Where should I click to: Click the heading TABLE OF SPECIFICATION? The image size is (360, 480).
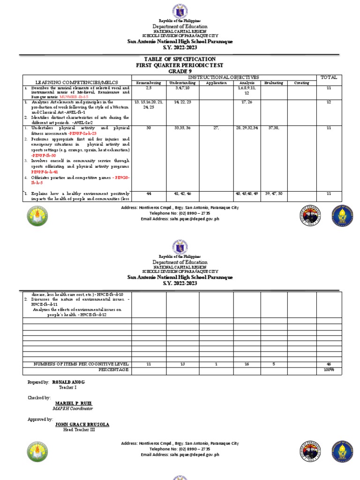(180, 59)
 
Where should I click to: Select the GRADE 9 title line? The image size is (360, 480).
(180, 71)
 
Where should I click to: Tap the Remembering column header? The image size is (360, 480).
(148, 83)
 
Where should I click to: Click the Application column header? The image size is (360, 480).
(216, 83)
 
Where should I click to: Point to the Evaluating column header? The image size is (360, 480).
(273, 83)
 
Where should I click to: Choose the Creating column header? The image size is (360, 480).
(301, 83)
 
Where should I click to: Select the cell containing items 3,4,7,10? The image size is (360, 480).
(182, 88)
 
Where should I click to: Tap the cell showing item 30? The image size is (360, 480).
(148, 127)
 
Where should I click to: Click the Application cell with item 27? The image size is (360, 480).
(216, 127)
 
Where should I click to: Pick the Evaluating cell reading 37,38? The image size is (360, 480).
(273, 127)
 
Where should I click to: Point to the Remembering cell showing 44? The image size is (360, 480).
(148, 193)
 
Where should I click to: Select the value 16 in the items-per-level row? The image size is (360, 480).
(247, 364)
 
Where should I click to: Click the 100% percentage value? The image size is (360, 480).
(329, 370)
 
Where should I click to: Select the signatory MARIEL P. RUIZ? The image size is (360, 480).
(74, 403)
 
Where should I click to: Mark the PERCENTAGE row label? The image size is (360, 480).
(113, 370)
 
